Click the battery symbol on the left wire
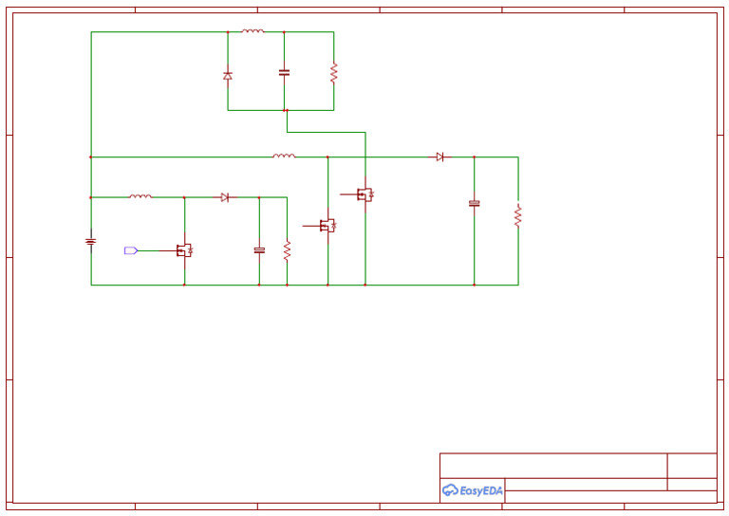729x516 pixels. pos(91,242)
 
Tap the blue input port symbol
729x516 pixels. pos(131,250)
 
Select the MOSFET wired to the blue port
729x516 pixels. pos(183,250)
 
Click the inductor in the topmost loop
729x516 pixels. pos(252,31)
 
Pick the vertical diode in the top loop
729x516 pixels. pos(228,75)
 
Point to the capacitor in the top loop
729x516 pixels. pos(284,72)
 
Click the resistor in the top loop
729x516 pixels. pos(333,72)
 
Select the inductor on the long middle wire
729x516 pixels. pos(284,156)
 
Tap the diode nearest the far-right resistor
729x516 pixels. pos(439,157)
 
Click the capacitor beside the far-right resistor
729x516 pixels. pos(475,203)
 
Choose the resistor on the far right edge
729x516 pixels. pos(518,215)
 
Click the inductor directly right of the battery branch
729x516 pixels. pos(140,196)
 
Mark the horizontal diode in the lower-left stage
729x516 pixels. pos(225,197)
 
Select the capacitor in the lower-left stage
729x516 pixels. pos(259,250)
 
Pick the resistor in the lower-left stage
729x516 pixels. pos(287,250)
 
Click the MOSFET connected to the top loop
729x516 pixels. pos(364,194)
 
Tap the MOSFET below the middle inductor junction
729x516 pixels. pos(327,226)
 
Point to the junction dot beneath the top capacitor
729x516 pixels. pos(286,110)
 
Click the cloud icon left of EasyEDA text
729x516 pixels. pos(450,490)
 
